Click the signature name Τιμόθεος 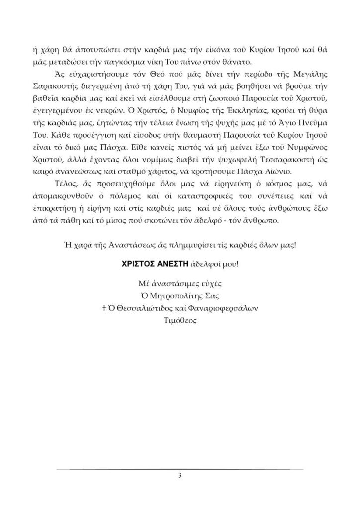[x=180, y=321]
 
